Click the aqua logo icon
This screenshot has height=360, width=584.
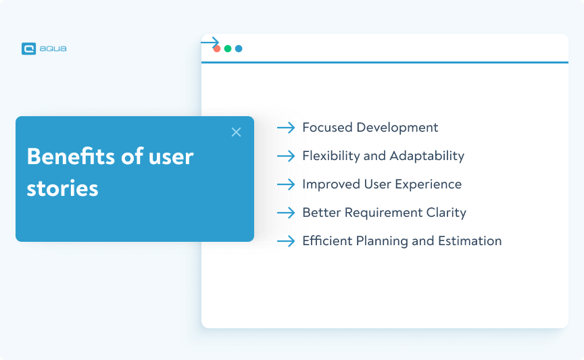click(28, 49)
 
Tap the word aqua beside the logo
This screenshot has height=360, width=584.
click(53, 49)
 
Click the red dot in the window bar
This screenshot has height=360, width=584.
click(217, 49)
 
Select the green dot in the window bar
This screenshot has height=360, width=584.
click(228, 49)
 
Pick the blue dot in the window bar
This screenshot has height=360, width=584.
click(239, 49)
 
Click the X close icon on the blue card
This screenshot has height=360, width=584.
click(236, 132)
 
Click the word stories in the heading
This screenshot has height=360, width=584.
click(62, 188)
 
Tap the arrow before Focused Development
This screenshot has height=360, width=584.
click(286, 128)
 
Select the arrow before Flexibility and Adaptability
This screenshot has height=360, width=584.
click(286, 156)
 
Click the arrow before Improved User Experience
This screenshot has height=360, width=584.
click(286, 184)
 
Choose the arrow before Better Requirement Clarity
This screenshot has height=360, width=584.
click(286, 213)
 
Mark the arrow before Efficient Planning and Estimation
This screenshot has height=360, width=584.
click(286, 241)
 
